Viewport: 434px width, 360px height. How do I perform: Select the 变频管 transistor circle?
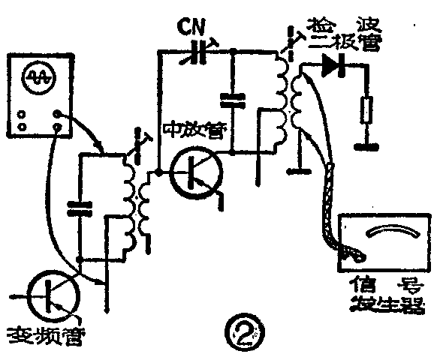click(51, 295)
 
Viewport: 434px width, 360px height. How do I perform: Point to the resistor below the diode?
click(366, 110)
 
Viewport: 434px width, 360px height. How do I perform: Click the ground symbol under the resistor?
click(366, 140)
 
